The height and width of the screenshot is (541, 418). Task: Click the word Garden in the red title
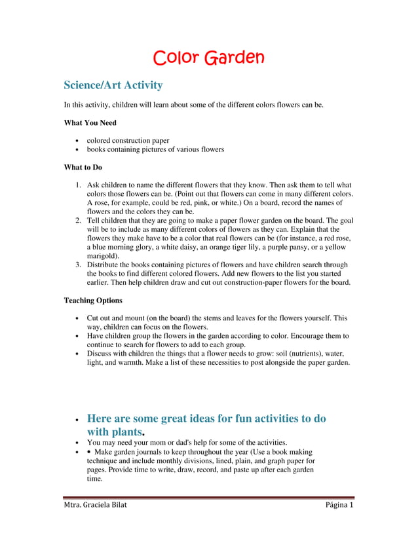pyautogui.click(x=234, y=58)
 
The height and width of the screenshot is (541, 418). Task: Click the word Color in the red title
pyautogui.click(x=176, y=58)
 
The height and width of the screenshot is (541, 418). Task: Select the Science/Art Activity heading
pyautogui.click(x=113, y=85)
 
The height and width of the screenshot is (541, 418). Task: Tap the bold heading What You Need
pyautogui.click(x=90, y=122)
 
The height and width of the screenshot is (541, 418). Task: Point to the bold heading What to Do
pyautogui.click(x=83, y=167)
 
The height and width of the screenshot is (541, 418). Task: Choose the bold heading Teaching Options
pyautogui.click(x=92, y=301)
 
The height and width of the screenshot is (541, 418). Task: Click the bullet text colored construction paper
pyautogui.click(x=128, y=140)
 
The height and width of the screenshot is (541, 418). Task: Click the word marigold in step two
pyautogui.click(x=104, y=256)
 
